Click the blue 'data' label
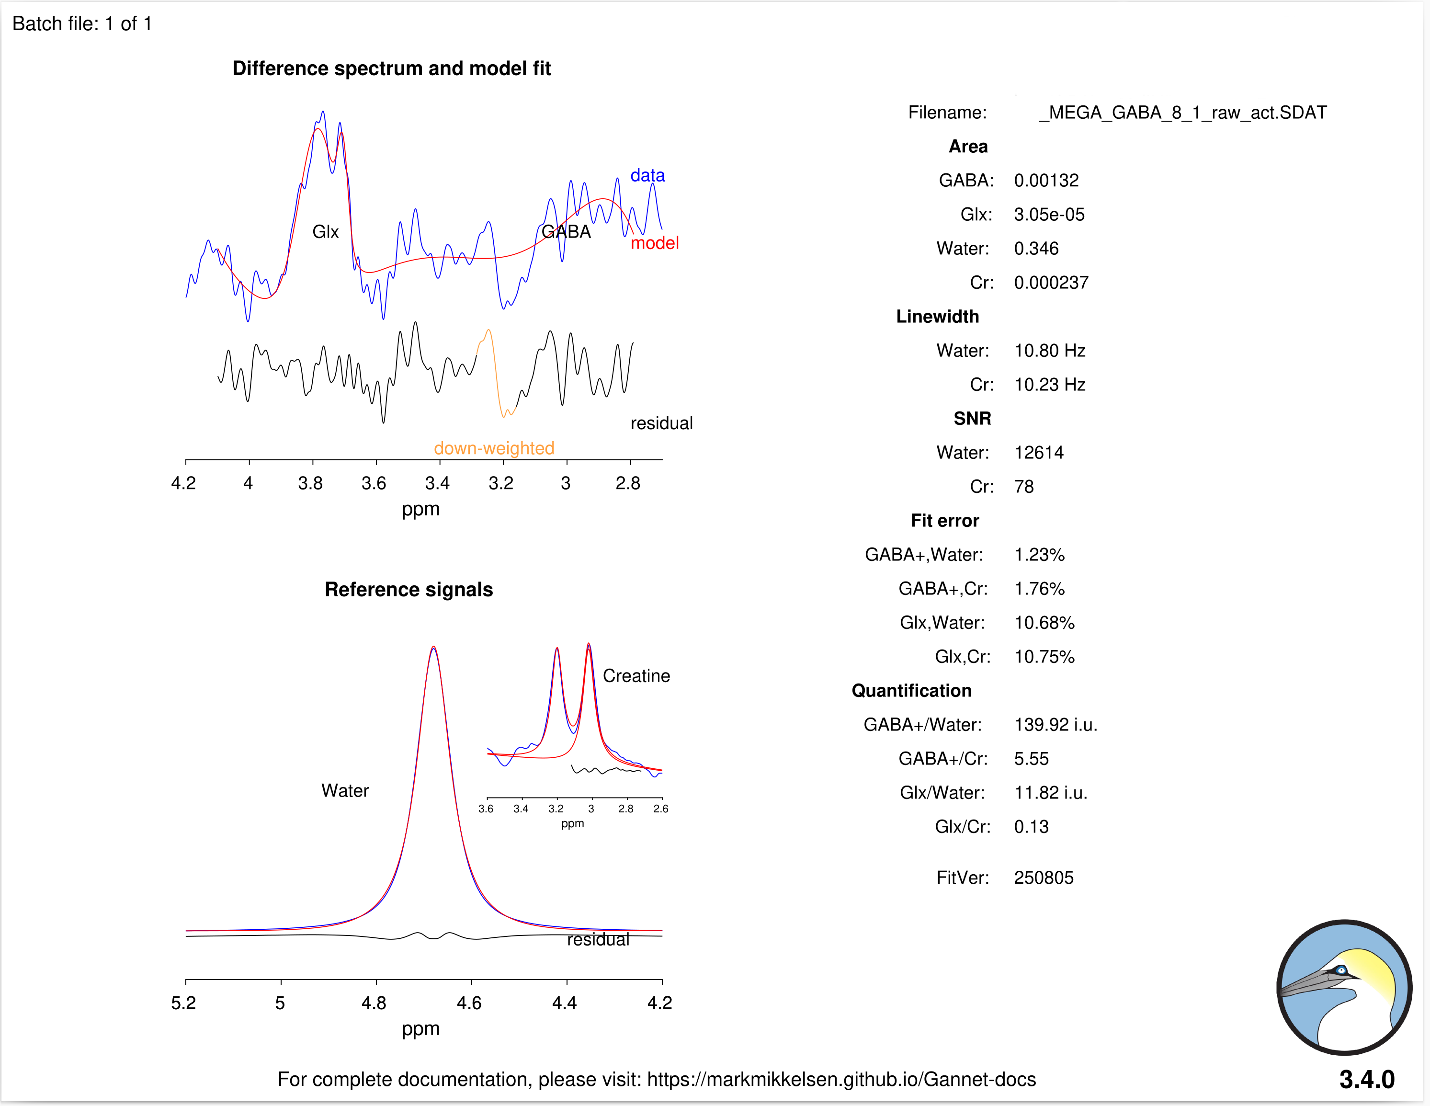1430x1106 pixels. tap(647, 175)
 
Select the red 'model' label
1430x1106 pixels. tap(654, 243)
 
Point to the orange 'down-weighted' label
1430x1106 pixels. tap(494, 448)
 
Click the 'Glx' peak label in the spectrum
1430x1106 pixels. tap(326, 232)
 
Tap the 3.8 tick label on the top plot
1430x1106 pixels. tap(310, 483)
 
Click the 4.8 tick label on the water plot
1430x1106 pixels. tap(374, 1003)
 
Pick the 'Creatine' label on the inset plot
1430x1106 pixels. tap(636, 676)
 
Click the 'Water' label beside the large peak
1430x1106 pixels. tap(345, 790)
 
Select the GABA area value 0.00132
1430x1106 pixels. tap(1045, 180)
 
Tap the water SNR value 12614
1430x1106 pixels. tap(1038, 453)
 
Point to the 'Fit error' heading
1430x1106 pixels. tap(944, 521)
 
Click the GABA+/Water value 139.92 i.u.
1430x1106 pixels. tap(1055, 724)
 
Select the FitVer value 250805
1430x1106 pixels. tap(1043, 878)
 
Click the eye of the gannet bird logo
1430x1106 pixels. tap(1341, 970)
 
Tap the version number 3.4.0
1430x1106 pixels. tap(1366, 1079)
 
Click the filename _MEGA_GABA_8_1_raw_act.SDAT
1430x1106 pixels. tap(1182, 113)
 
